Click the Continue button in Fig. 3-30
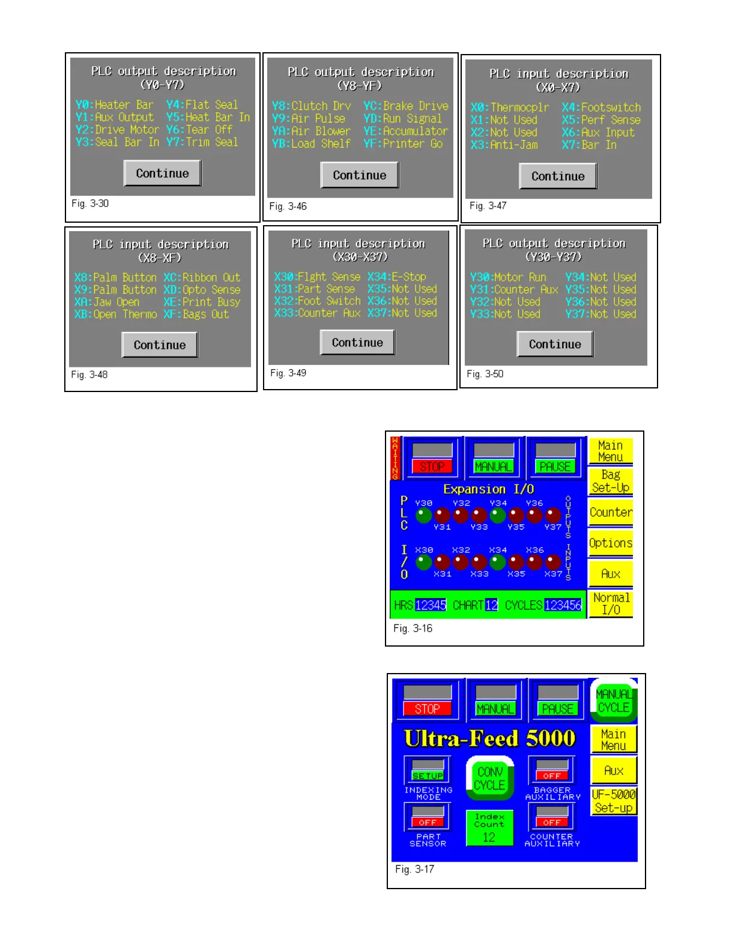(162, 174)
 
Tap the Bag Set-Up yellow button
(610, 482)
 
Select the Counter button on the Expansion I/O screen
(610, 512)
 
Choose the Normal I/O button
(610, 604)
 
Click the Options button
(610, 543)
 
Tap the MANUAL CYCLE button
(613, 701)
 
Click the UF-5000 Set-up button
(613, 801)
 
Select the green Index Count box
(489, 828)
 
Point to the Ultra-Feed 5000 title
(490, 738)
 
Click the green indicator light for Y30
(424, 515)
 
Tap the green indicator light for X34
(497, 563)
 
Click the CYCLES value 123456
(563, 605)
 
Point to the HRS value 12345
(431, 605)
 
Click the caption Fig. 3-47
(488, 206)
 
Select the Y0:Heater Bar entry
(115, 105)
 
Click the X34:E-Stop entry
(397, 277)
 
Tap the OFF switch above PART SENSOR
(428, 818)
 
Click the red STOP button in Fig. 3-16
(432, 466)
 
